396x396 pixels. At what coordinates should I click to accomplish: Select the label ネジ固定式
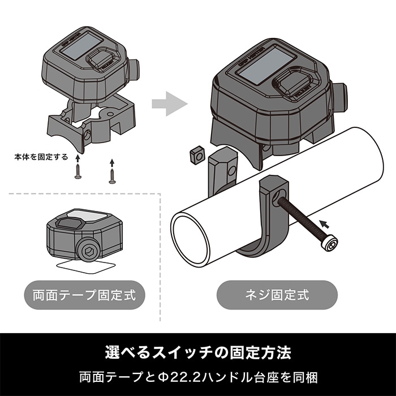277,295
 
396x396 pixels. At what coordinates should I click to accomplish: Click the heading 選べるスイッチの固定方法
198,352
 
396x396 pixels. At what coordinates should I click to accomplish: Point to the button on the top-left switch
102,59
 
